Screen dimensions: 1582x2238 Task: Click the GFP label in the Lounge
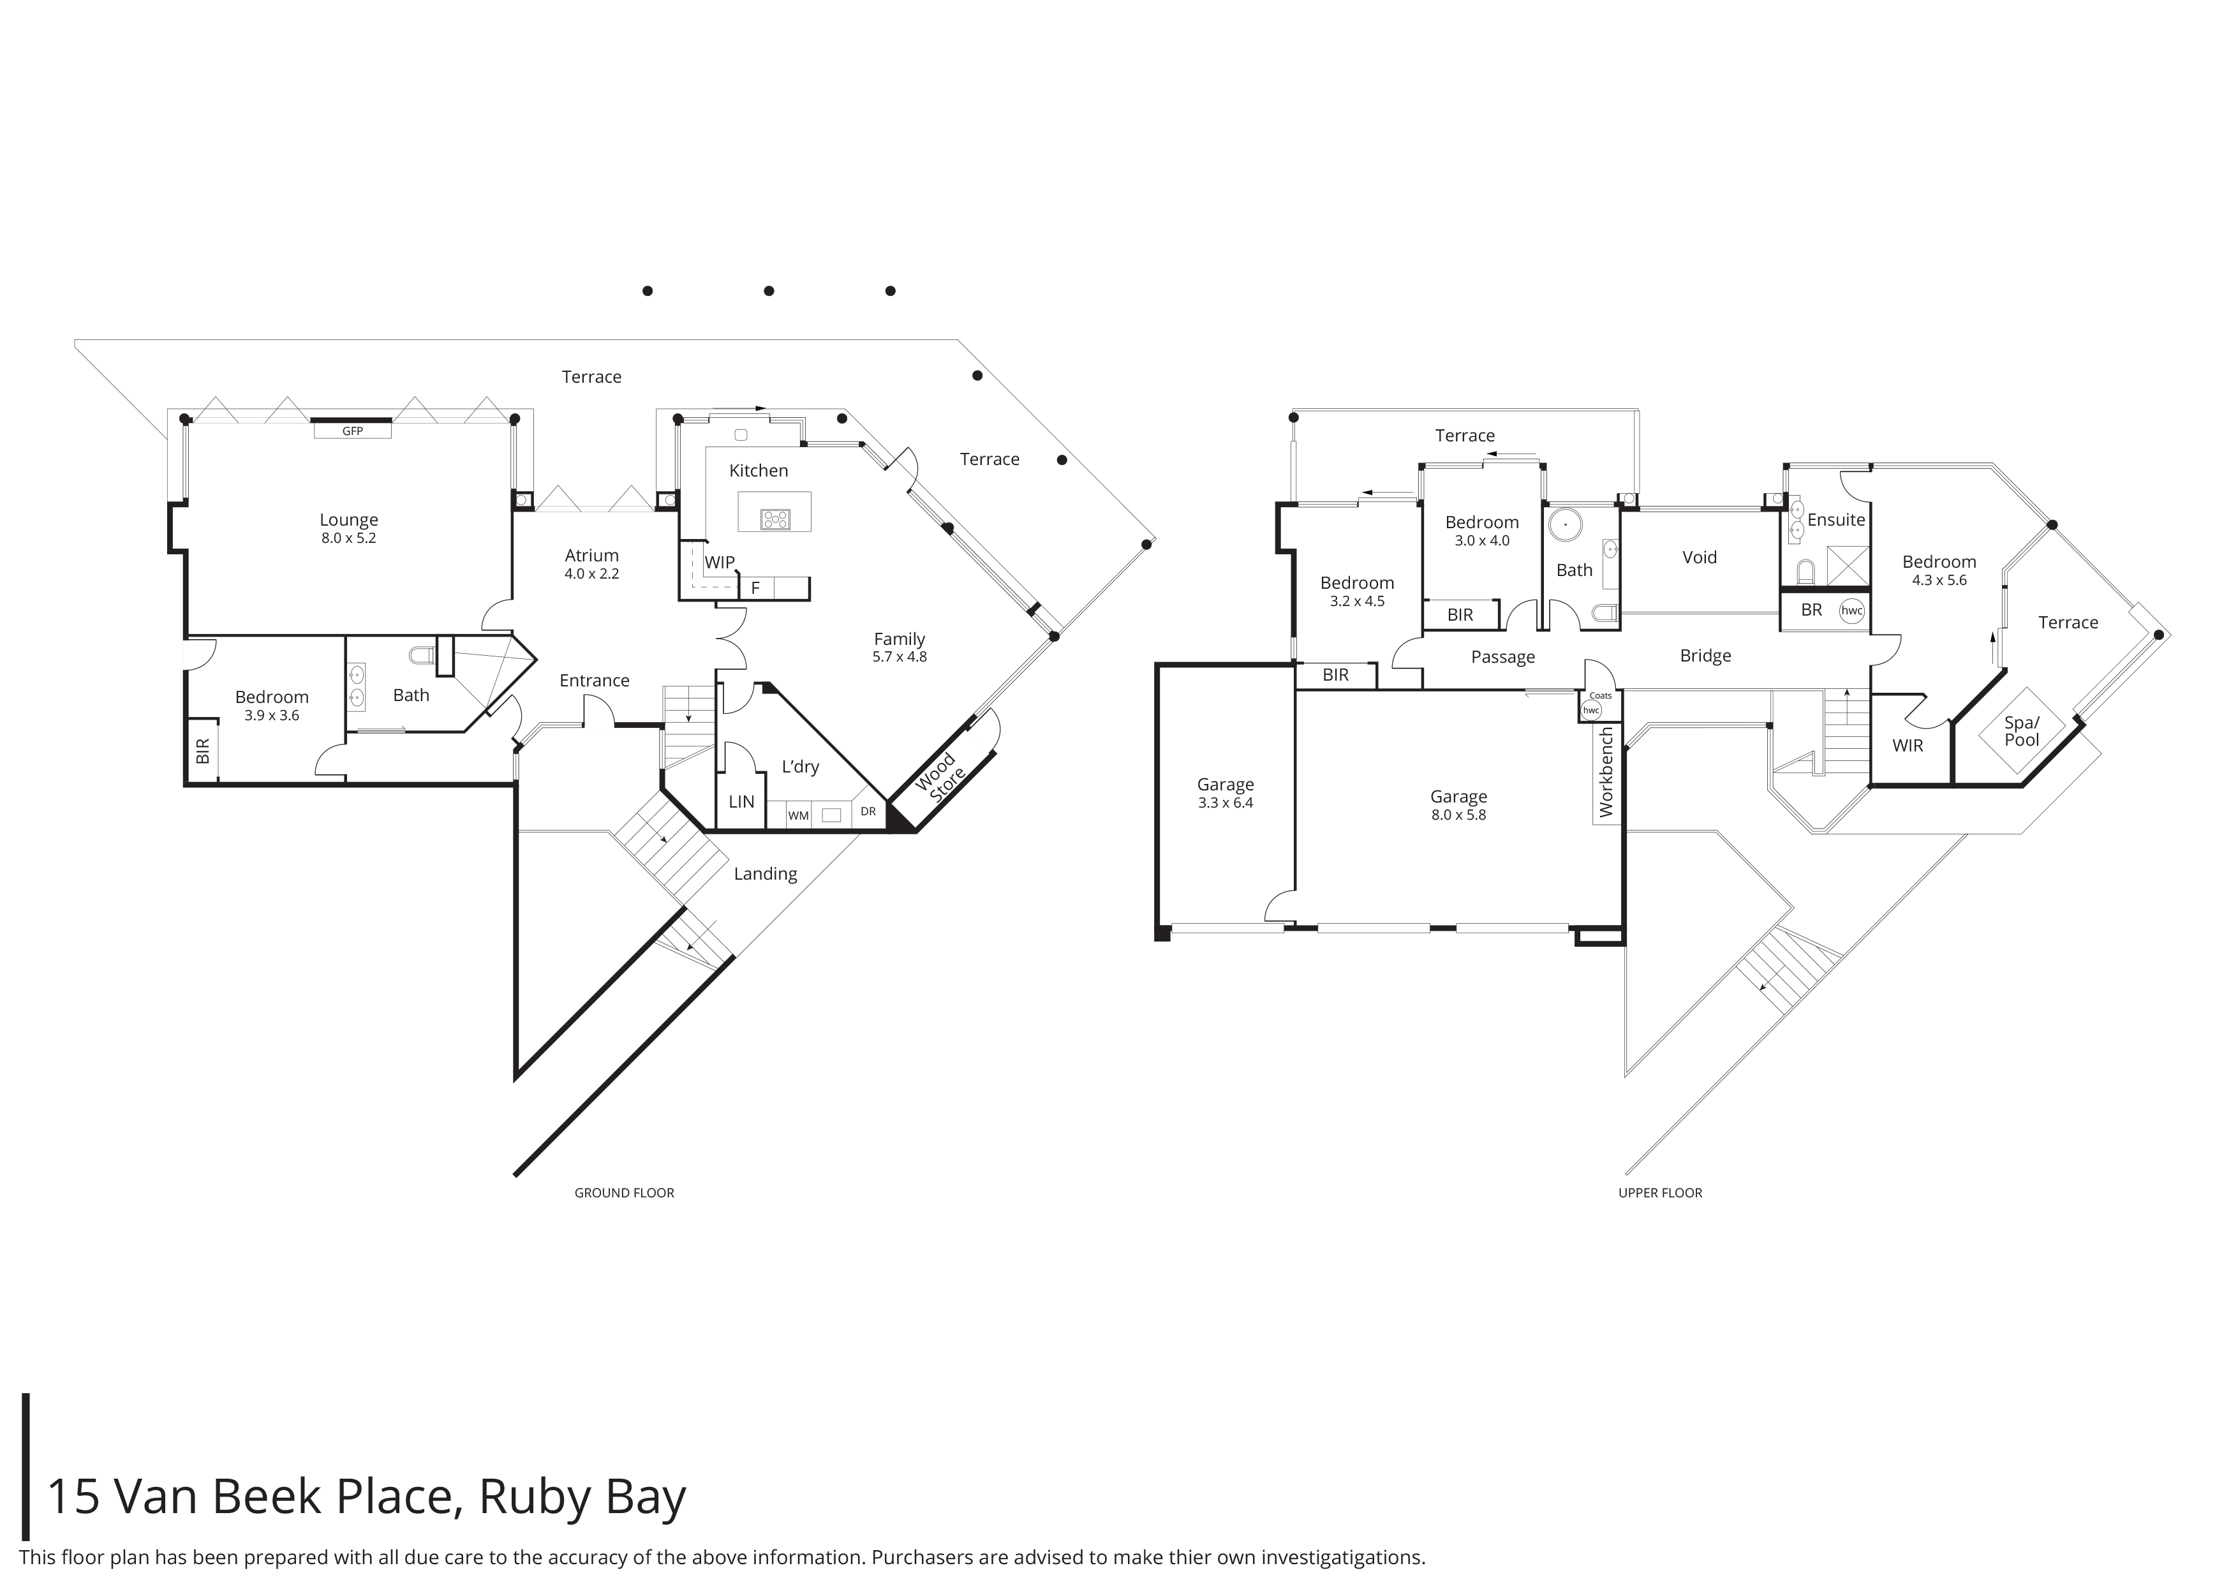(x=352, y=431)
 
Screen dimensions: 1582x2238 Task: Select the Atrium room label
(x=591, y=556)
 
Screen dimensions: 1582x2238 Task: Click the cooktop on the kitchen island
(x=775, y=519)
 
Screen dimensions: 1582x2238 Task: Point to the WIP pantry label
(x=720, y=563)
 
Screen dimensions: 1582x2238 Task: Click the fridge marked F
(x=755, y=589)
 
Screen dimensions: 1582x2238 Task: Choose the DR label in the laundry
(x=868, y=811)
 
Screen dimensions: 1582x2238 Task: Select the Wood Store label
(x=940, y=779)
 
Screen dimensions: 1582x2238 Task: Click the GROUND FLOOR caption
(x=624, y=1192)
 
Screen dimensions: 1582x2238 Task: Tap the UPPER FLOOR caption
(x=1660, y=1192)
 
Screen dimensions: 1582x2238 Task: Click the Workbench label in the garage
(x=1606, y=772)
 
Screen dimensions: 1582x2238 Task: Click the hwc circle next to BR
(x=1851, y=611)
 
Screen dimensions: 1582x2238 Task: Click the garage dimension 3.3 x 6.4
(x=1226, y=803)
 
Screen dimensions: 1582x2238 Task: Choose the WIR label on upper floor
(x=1908, y=746)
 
